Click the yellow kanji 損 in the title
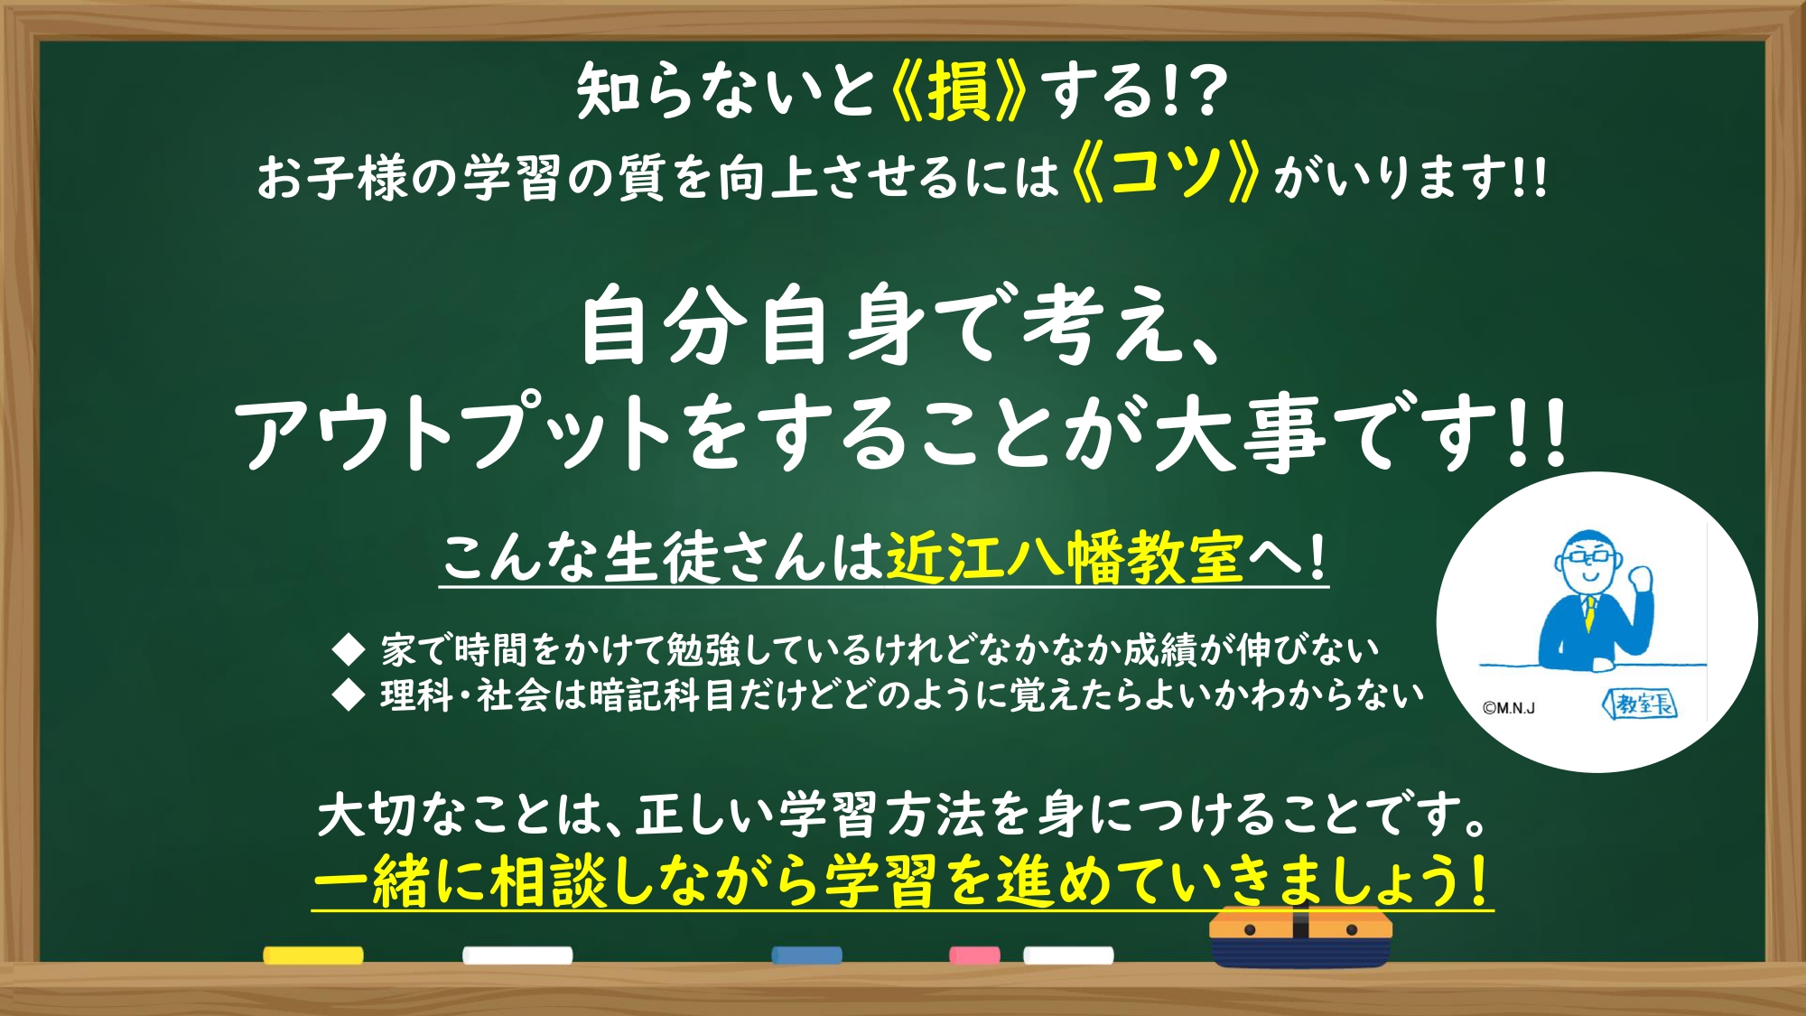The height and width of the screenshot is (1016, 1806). click(x=958, y=91)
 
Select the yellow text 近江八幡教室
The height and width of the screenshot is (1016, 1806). click(x=1066, y=557)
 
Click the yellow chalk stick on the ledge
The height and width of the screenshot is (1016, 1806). click(x=313, y=955)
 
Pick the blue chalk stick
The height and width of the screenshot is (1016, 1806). click(x=807, y=955)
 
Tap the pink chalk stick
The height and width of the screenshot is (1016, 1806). click(x=974, y=955)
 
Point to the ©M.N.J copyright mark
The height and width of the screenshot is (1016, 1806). click(x=1509, y=708)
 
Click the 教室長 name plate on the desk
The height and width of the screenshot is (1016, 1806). click(x=1640, y=704)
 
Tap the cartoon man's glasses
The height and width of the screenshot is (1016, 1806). click(x=1589, y=555)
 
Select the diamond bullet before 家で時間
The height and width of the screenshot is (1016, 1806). click(x=349, y=648)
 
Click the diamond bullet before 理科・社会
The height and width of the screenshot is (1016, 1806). click(x=349, y=695)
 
